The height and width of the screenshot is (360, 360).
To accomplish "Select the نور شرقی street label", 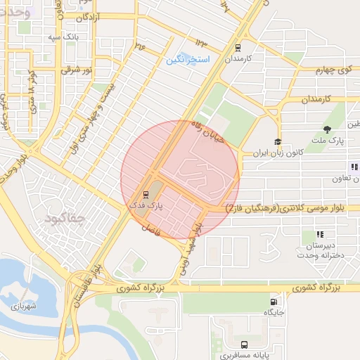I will (x=77, y=70).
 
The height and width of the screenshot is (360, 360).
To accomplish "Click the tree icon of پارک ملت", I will (x=327, y=129).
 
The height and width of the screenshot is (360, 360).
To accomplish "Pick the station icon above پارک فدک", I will (x=146, y=193).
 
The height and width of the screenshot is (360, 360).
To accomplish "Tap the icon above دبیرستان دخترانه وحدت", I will (x=320, y=234).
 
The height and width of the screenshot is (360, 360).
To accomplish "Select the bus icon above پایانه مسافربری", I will (x=243, y=345).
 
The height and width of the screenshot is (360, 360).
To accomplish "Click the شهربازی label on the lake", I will (x=22, y=307).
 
